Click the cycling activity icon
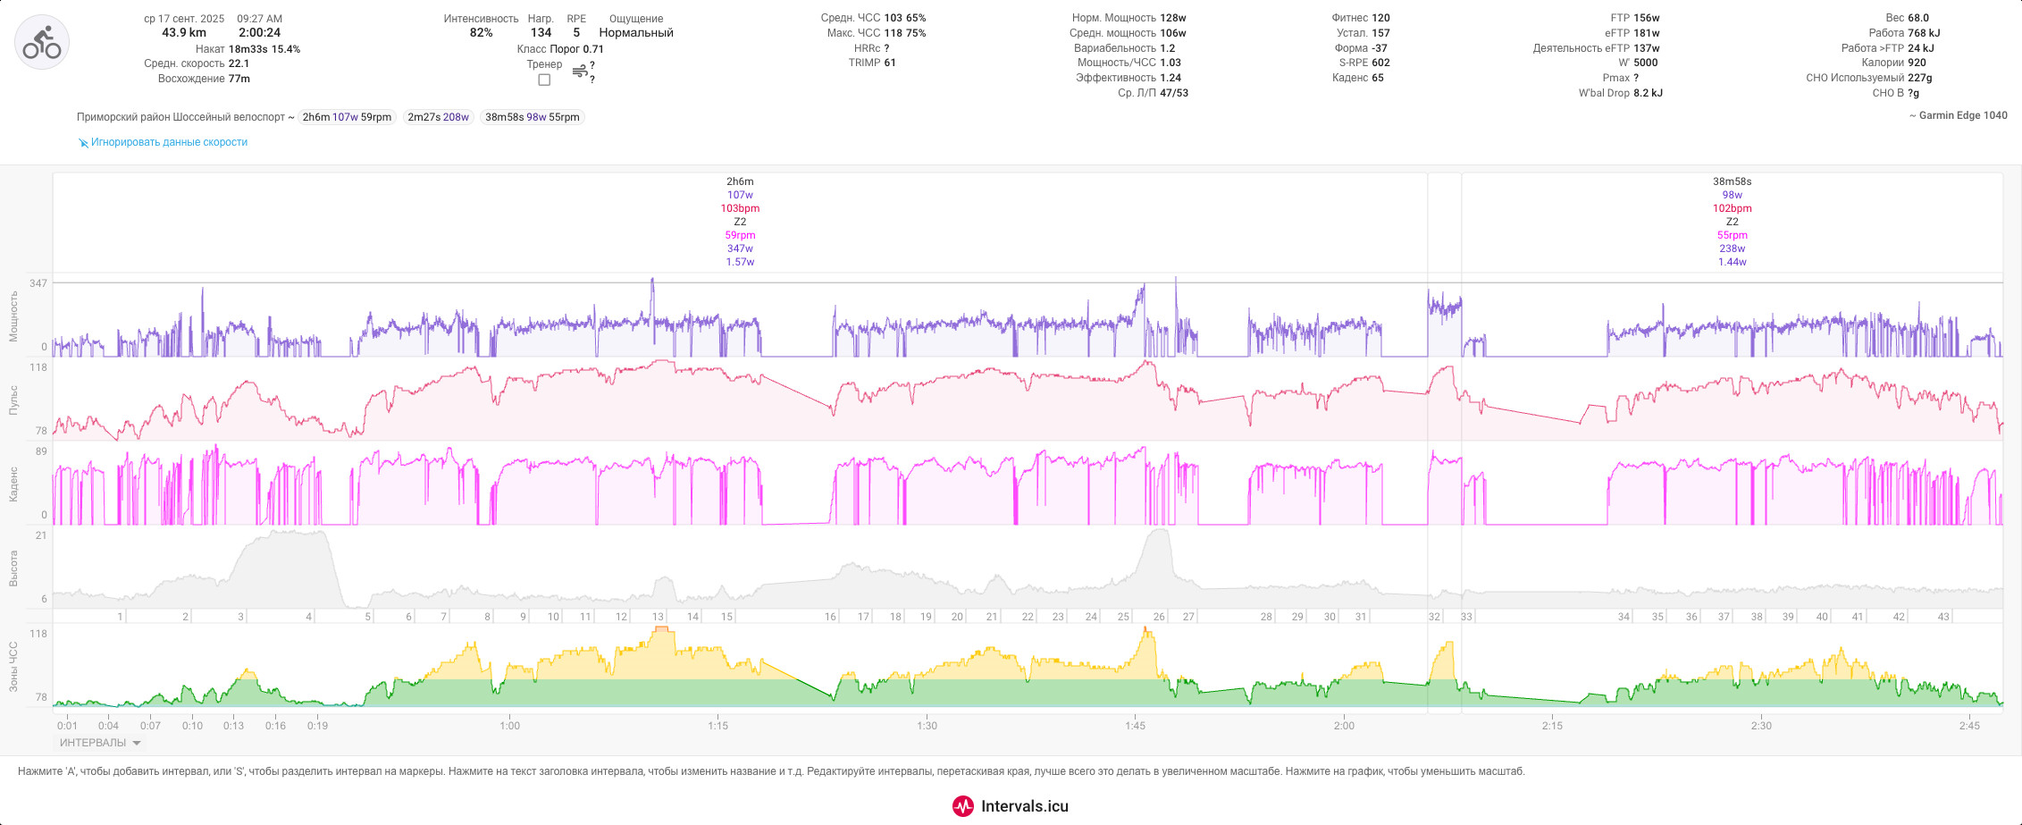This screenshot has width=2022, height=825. point(42,42)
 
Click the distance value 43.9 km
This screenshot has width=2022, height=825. point(184,33)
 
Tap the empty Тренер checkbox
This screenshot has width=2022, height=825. point(544,80)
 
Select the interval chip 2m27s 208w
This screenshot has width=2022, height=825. point(438,117)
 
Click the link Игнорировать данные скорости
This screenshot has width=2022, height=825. point(169,142)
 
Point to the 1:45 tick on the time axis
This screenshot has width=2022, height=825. point(1136,726)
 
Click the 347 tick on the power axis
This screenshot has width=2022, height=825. point(38,283)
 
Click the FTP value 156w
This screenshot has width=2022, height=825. point(1646,18)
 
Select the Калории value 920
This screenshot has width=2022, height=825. point(1917,63)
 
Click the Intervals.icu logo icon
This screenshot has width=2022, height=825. point(962,806)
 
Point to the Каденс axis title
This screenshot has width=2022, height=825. point(14,483)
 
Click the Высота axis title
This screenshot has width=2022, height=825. point(14,568)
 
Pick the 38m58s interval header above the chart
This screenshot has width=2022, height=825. point(1732,181)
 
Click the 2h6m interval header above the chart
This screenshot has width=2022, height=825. point(740,181)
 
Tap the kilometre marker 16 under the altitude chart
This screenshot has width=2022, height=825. point(830,617)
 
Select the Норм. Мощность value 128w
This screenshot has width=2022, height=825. point(1174,18)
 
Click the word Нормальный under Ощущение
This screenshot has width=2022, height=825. point(636,33)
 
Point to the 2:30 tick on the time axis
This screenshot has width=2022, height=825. point(1761,726)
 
